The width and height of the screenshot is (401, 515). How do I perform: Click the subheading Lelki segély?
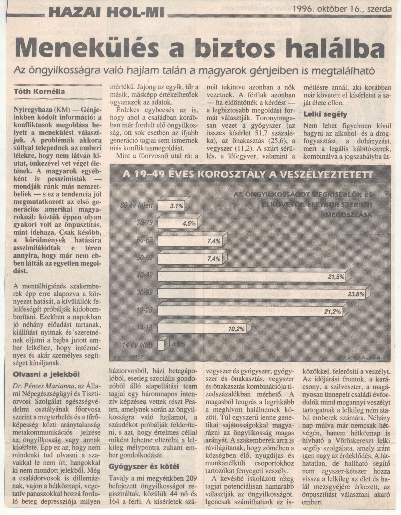325,114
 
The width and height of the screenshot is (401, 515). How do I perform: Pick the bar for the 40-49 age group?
252,276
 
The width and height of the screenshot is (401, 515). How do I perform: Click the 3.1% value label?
177,206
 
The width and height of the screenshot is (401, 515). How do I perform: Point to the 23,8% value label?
356,294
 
